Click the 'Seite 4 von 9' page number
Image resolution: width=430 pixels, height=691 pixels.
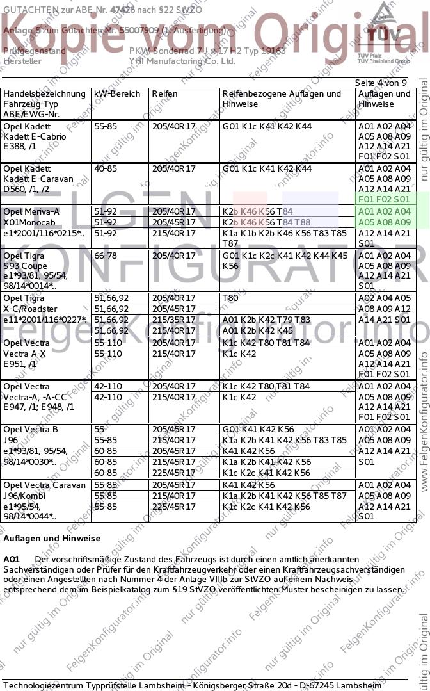click(x=381, y=83)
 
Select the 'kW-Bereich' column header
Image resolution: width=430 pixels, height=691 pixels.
click(x=117, y=94)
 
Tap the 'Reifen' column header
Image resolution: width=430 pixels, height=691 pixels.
click(x=164, y=94)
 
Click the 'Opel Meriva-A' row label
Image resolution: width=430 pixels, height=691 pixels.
click(x=31, y=212)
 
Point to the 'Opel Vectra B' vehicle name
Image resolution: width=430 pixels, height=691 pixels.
click(x=31, y=430)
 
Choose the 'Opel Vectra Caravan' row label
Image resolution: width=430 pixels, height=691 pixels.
click(x=44, y=485)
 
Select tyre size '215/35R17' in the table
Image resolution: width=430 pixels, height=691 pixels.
click(x=173, y=320)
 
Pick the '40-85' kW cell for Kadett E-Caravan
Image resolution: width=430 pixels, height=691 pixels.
click(x=106, y=169)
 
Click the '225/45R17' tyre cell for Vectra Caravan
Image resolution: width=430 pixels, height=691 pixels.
click(x=173, y=507)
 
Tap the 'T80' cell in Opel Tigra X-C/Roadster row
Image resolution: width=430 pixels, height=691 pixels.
click(x=230, y=298)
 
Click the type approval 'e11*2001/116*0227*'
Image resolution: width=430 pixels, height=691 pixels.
click(x=45, y=320)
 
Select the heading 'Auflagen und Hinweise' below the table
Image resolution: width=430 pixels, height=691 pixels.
click(x=52, y=539)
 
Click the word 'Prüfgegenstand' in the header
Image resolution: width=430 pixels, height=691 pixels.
click(x=35, y=51)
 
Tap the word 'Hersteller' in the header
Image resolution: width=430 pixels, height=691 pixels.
click(x=22, y=61)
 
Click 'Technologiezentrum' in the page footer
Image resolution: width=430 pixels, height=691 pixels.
click(x=44, y=686)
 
